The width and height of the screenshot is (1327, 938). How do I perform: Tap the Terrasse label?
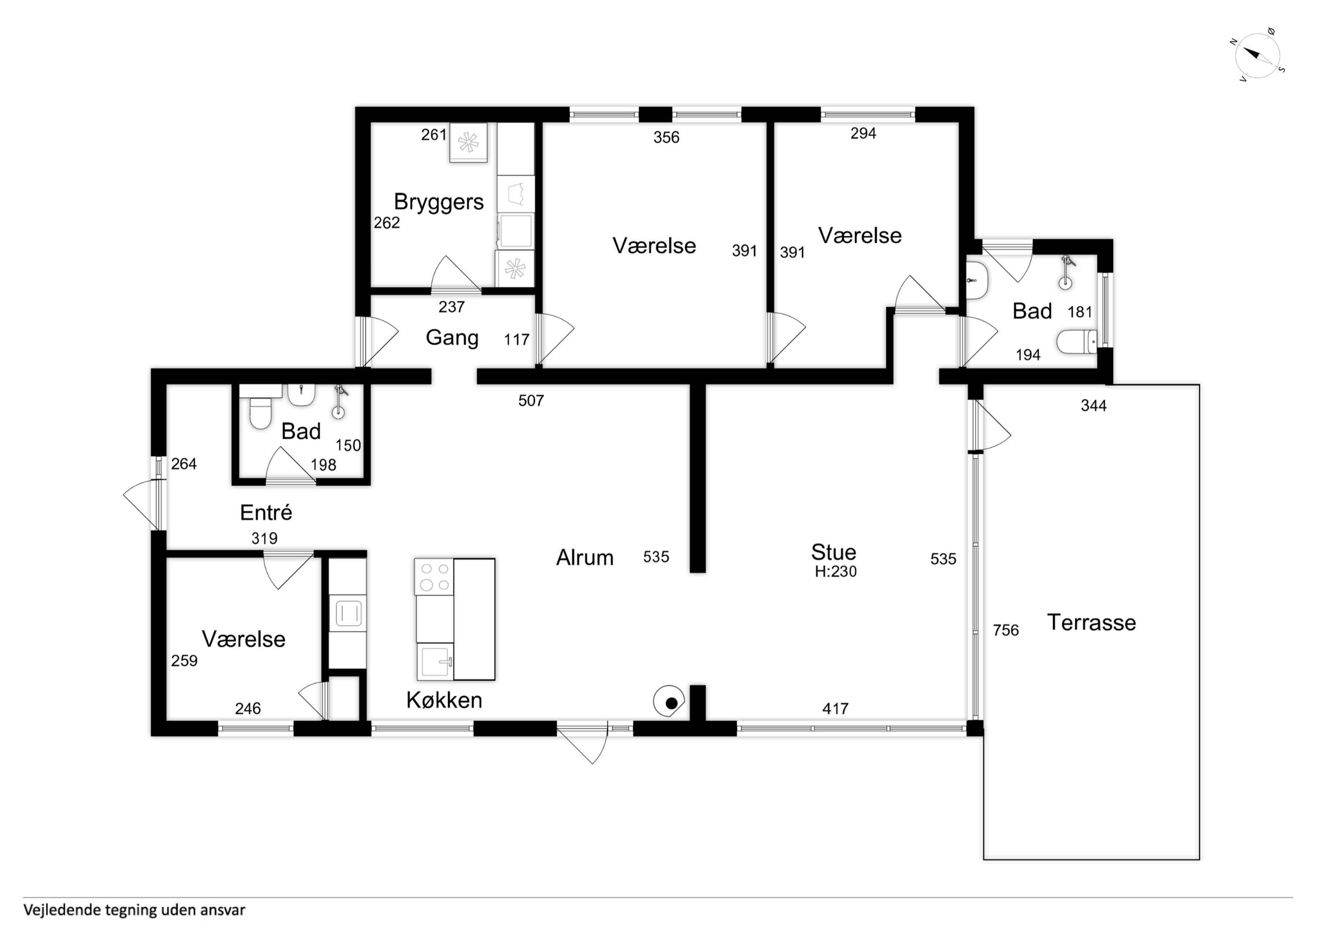1091,622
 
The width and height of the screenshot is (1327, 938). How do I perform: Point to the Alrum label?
584,558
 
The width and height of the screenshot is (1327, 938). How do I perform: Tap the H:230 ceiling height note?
836,572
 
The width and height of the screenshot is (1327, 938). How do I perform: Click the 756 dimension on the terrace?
1006,630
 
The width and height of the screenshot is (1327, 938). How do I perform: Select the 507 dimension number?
531,400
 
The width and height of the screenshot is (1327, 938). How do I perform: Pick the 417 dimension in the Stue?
835,709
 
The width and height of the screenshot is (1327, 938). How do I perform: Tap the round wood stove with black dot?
669,702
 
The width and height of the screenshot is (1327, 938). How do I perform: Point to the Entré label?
266,512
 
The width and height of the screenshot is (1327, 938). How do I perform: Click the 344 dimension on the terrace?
1093,406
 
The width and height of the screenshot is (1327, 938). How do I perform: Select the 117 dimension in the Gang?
516,340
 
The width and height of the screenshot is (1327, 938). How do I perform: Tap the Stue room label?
833,552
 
